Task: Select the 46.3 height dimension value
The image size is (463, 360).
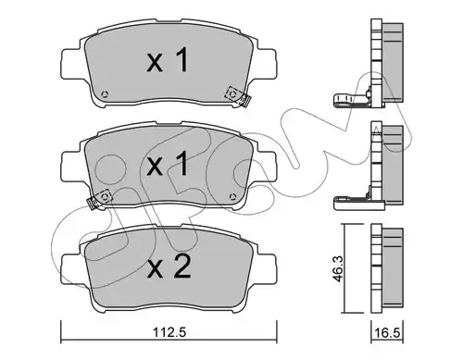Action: pos(339,268)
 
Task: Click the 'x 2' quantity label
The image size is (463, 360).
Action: pos(169,267)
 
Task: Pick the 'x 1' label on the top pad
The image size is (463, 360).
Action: pos(168,60)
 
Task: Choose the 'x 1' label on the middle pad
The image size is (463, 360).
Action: pos(168,164)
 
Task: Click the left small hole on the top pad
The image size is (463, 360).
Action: pos(105,93)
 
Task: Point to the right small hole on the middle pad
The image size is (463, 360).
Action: pos(232,196)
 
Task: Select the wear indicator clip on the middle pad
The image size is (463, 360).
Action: pos(99,199)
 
